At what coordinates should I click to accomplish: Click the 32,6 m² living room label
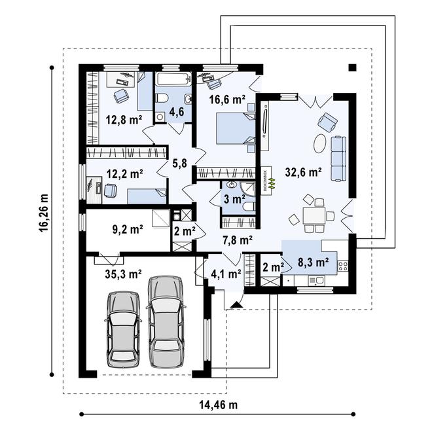click(x=302, y=173)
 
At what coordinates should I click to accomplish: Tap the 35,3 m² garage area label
click(x=123, y=274)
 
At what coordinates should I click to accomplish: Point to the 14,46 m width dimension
click(x=218, y=405)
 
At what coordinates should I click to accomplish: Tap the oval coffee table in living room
click(x=319, y=143)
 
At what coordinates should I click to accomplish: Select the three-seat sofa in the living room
click(x=338, y=158)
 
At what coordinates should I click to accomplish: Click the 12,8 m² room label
click(x=124, y=119)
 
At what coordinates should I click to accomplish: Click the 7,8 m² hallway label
click(x=234, y=240)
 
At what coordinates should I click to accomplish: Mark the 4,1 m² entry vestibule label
click(x=226, y=274)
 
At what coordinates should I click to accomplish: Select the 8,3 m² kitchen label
click(x=312, y=263)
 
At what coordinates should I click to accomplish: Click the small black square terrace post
click(x=352, y=67)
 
